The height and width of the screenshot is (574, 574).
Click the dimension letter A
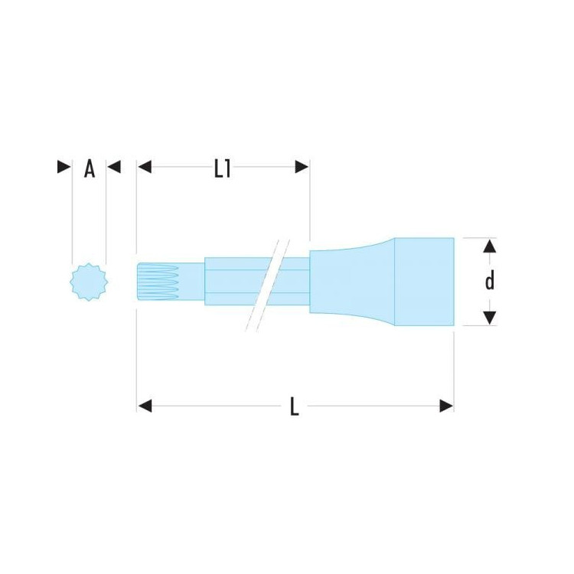[x=90, y=169]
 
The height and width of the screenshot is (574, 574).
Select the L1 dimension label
[x=223, y=169]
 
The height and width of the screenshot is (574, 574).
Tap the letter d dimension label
[x=490, y=281]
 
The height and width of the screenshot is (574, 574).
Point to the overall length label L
[x=295, y=406]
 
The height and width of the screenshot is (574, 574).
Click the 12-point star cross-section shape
[x=89, y=282]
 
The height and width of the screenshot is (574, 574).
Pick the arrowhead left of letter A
[x=64, y=167]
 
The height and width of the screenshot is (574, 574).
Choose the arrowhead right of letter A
[x=114, y=167]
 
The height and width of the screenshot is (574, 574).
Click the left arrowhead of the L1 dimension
[x=145, y=167]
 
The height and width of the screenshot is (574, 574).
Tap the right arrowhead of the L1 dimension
[x=302, y=167]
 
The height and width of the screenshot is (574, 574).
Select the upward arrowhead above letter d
[x=490, y=246]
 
